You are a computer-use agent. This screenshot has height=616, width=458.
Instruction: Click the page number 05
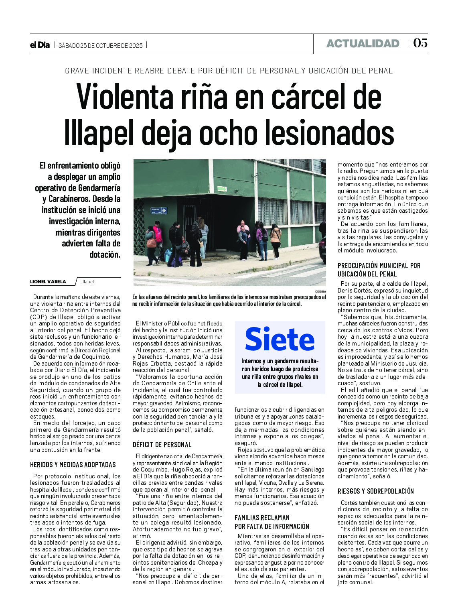click(420, 43)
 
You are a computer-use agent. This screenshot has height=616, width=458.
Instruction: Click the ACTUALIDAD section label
click(363, 43)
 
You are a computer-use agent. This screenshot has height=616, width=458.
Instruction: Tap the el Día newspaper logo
click(40, 45)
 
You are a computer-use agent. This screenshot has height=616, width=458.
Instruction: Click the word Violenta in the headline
click(129, 96)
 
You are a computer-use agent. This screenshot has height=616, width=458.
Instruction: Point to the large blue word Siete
click(280, 340)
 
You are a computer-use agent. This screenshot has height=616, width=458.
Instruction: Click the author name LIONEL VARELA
click(48, 282)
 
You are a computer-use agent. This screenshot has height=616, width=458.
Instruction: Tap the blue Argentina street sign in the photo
click(158, 211)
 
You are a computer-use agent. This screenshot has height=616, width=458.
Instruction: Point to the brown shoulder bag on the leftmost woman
click(151, 243)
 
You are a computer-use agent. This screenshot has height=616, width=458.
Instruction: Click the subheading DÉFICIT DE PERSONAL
click(162, 445)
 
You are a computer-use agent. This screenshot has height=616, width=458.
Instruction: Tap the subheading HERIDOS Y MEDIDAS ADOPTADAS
click(73, 465)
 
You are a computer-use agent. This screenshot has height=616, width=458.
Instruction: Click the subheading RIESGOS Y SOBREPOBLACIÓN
click(376, 491)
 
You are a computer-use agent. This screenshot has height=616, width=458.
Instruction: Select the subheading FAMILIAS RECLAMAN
click(262, 518)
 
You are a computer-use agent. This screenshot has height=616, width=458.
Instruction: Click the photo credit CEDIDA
click(320, 291)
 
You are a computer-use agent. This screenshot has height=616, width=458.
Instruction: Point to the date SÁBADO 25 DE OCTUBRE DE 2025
click(100, 45)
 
